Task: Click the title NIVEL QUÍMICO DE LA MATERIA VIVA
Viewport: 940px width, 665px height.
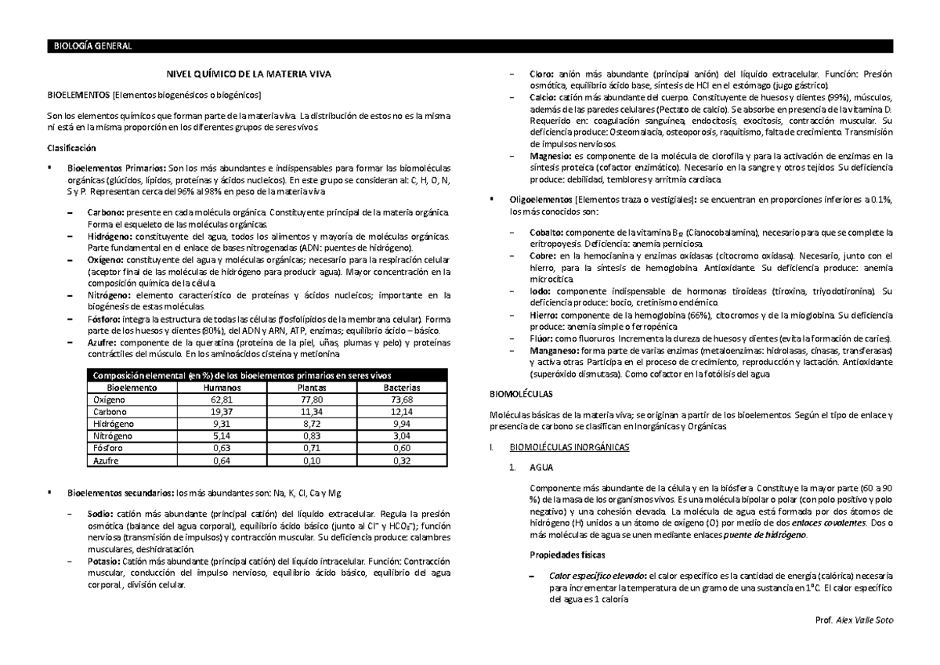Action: point(247,74)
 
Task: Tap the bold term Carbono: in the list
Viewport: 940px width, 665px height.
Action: point(104,212)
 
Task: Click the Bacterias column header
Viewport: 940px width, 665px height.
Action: point(397,388)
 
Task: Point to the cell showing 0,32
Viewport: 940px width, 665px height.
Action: point(397,461)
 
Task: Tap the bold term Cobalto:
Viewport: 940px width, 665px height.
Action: point(546,233)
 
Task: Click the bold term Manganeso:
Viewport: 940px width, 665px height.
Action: point(555,351)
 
